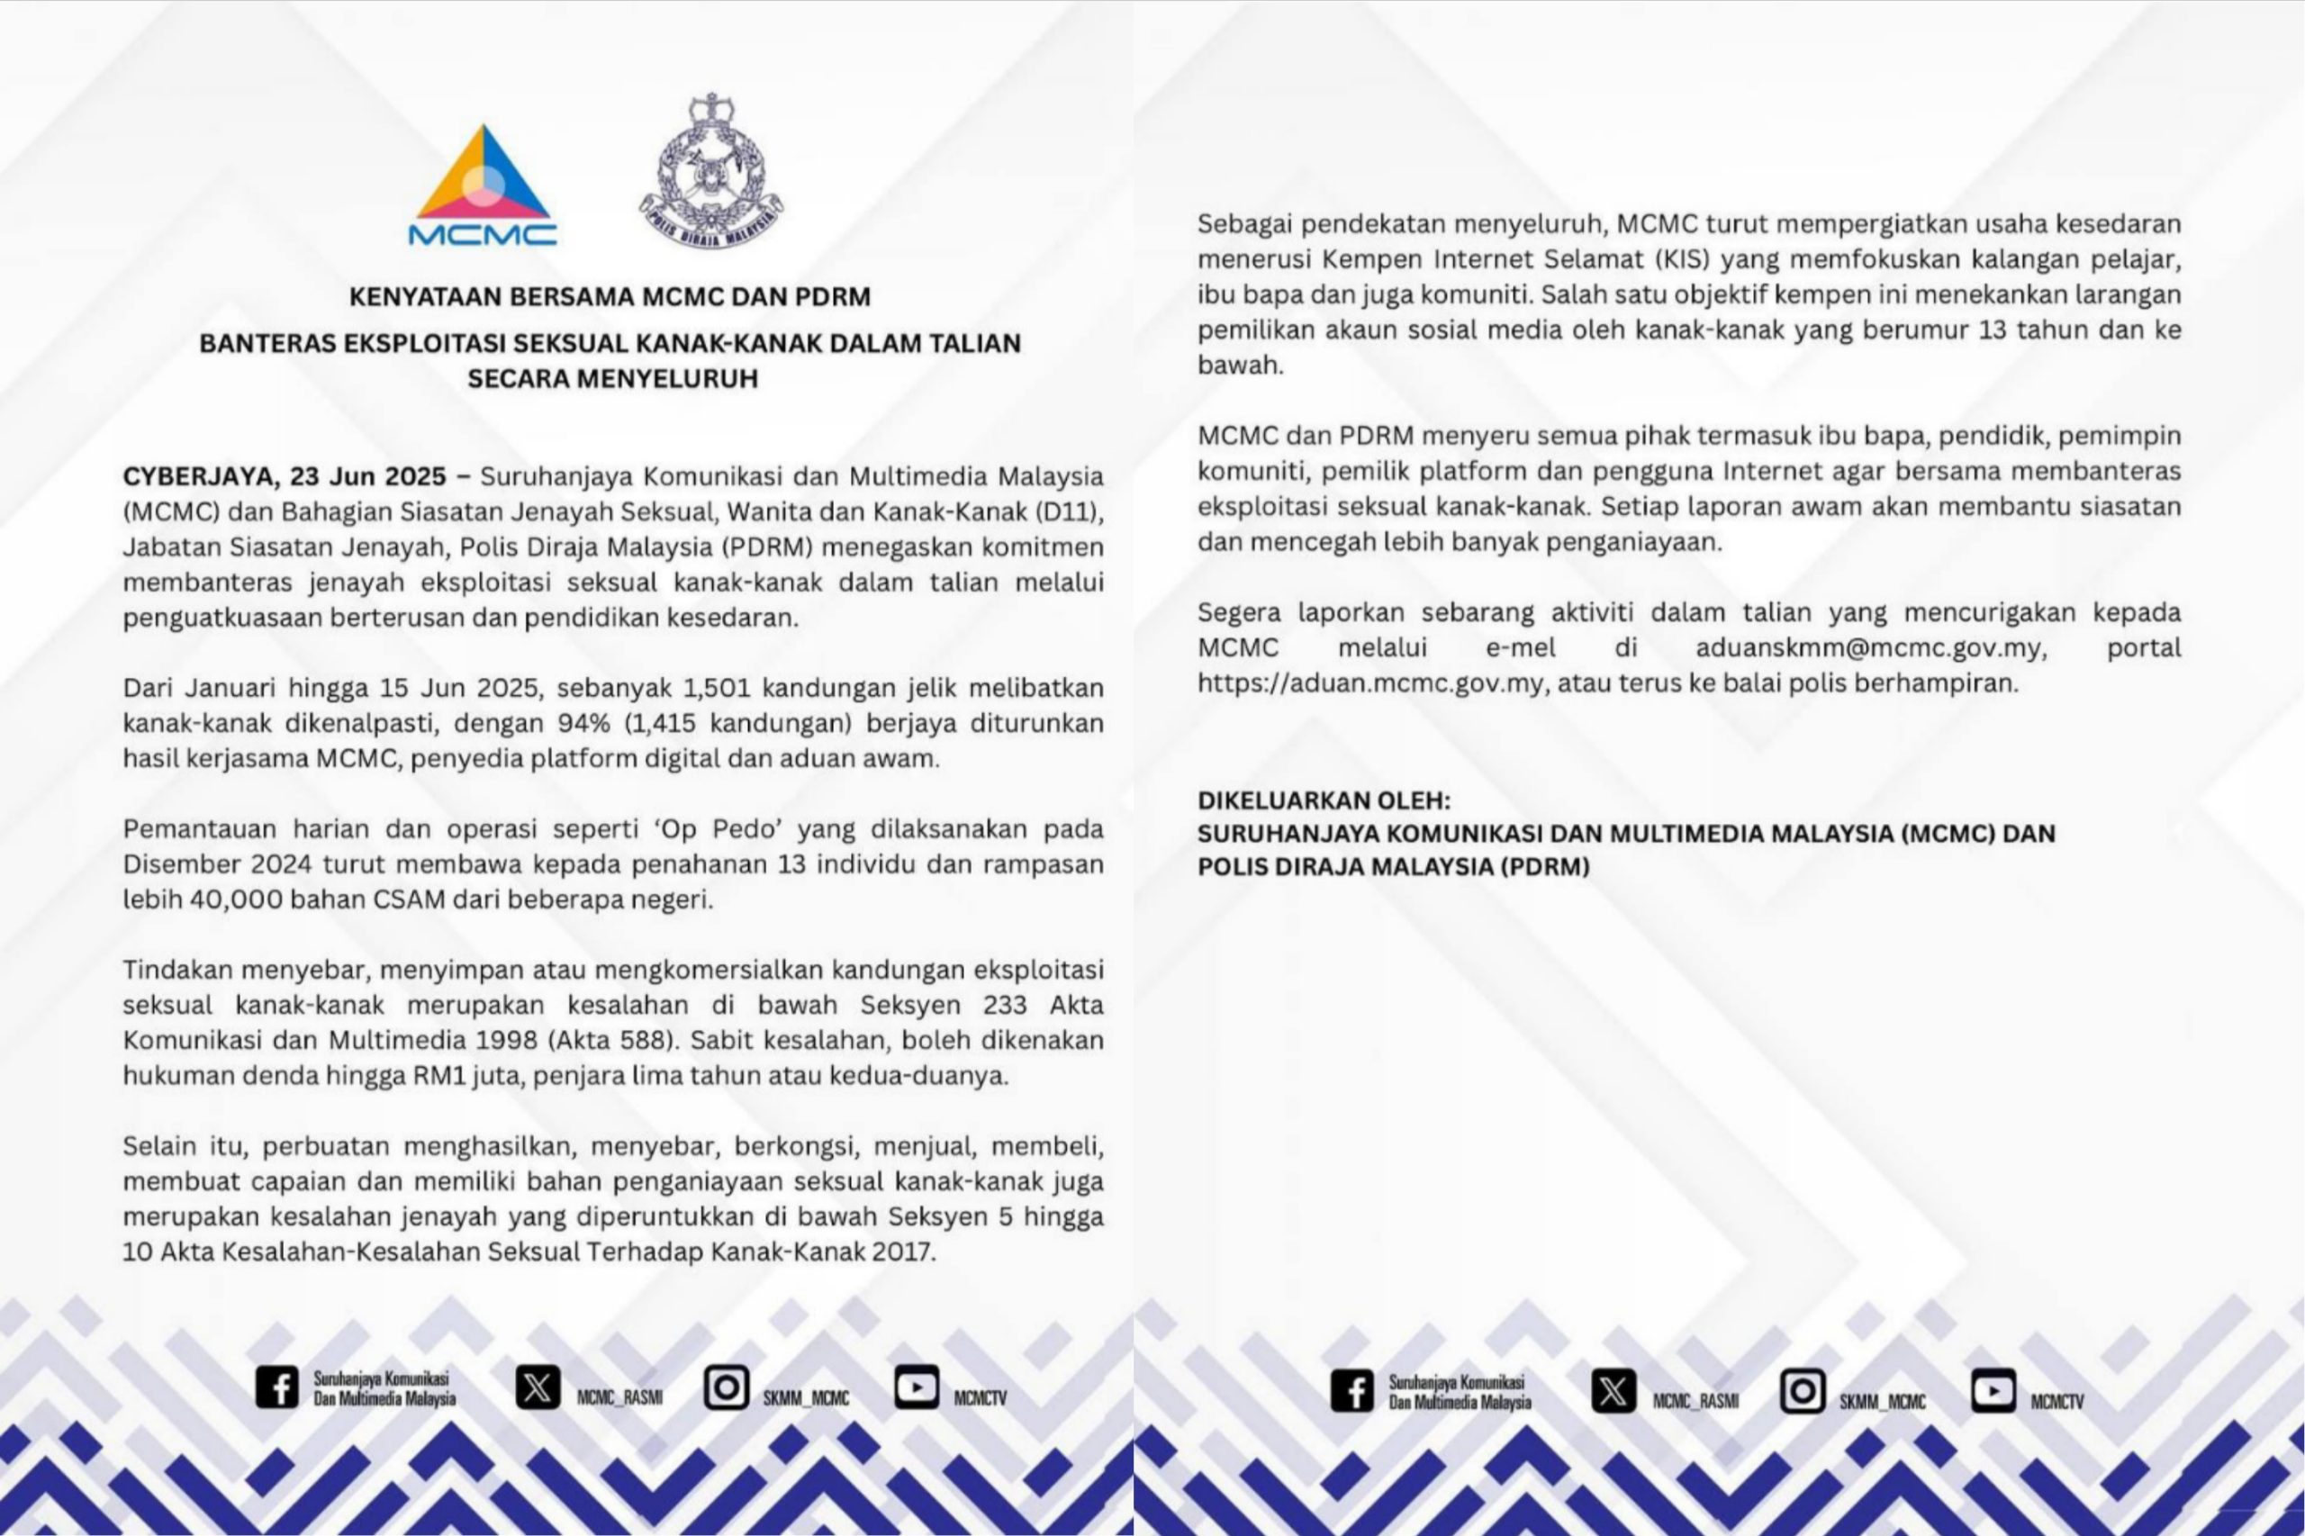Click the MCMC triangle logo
pyautogui.click(x=482, y=186)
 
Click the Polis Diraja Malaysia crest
pyautogui.click(x=711, y=170)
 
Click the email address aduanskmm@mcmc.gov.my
pyautogui.click(x=1869, y=648)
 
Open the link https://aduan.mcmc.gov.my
pyautogui.click(x=1371, y=683)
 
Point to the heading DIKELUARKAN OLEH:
pyautogui.click(x=1324, y=800)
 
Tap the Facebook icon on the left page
pyautogui.click(x=276, y=1387)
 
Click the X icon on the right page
pyautogui.click(x=1613, y=1391)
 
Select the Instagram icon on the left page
pyautogui.click(x=726, y=1387)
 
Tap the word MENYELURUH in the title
pyautogui.click(x=668, y=378)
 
